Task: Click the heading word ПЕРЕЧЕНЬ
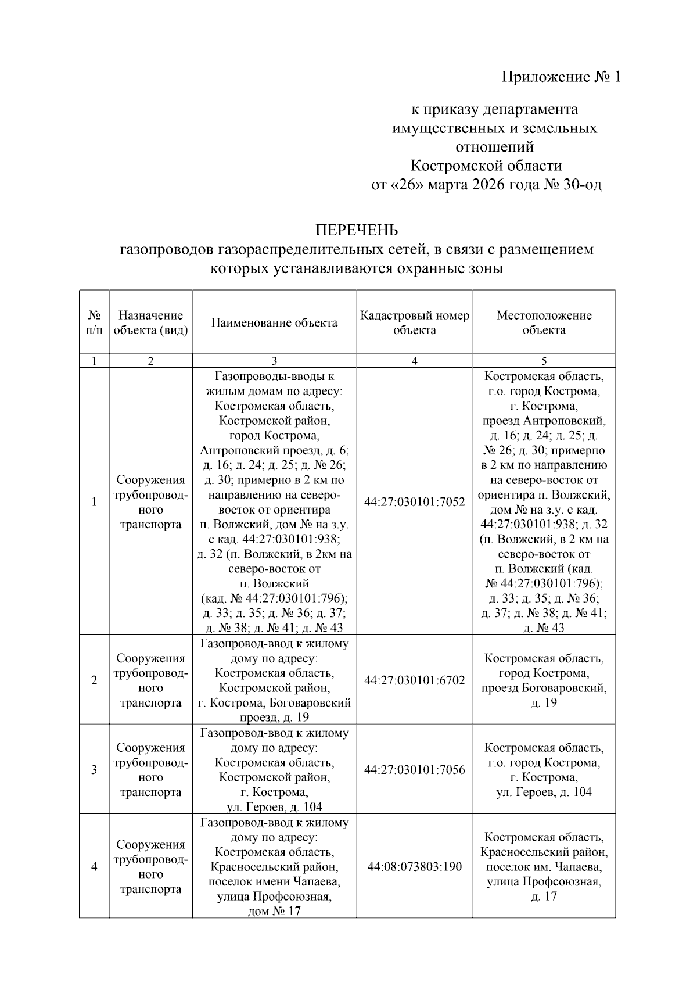tap(357, 231)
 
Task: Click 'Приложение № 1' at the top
tap(561, 77)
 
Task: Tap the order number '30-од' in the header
tap(583, 185)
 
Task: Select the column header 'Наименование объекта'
tap(274, 323)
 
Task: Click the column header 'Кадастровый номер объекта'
tap(414, 323)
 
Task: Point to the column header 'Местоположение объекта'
tap(544, 323)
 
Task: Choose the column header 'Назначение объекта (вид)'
tap(150, 323)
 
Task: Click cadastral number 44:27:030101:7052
tap(415, 502)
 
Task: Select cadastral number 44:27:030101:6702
tap(415, 680)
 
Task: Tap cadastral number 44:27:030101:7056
tap(415, 770)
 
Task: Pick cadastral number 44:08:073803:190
tap(415, 867)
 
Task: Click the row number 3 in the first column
tap(94, 770)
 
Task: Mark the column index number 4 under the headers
tap(414, 361)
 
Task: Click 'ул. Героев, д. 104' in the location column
tap(544, 792)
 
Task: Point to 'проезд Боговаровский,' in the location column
tap(544, 688)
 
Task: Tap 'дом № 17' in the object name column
tap(274, 911)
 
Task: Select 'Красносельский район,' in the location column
tap(544, 852)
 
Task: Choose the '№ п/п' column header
tap(94, 323)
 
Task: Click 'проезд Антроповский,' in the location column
tap(544, 421)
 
